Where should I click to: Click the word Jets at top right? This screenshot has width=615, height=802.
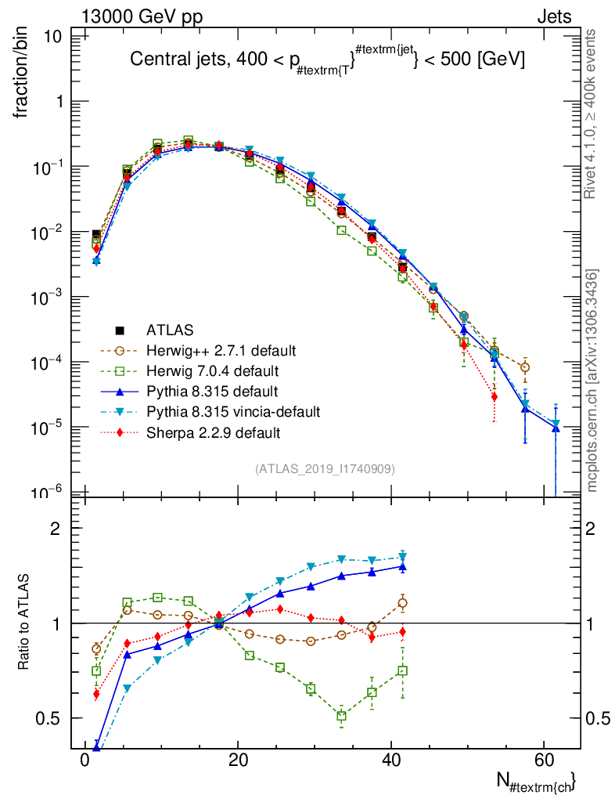(553, 16)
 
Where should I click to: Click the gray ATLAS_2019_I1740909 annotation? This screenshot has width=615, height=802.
(325, 469)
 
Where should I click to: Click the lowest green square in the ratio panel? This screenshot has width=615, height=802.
(341, 716)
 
